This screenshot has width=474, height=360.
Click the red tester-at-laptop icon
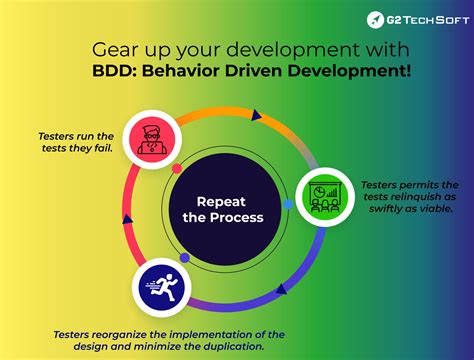pos(152,137)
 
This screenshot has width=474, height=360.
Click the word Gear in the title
pos(112,48)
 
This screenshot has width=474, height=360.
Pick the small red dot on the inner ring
pos(177,169)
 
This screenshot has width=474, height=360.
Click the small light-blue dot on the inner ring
pos(288,204)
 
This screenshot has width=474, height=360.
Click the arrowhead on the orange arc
pos(256,117)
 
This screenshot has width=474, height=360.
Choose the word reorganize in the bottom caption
pos(131,333)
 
